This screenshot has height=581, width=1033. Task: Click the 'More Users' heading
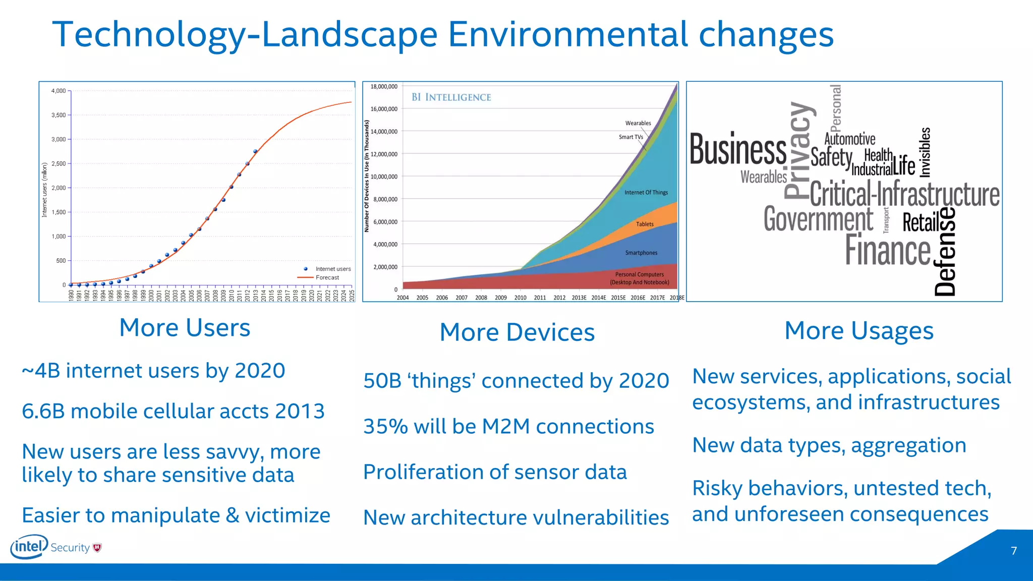coord(185,328)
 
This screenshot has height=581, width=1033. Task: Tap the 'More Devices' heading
coord(517,332)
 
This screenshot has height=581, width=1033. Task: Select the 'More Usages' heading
coord(859,331)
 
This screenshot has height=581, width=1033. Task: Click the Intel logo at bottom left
coord(29,547)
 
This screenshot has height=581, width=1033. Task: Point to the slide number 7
coord(1013,551)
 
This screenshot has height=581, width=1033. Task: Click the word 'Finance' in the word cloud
coord(888,250)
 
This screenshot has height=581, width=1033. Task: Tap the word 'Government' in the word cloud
coord(818,219)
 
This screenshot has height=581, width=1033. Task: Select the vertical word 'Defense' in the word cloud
coord(945,251)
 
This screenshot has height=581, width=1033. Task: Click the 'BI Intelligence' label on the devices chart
coord(451,97)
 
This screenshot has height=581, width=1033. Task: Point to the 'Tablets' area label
coord(645,224)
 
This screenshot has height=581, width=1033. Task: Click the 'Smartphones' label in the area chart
coord(641,253)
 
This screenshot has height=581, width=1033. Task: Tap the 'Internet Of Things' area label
coord(646,193)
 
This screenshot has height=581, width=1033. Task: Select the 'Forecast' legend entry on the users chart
coord(327,277)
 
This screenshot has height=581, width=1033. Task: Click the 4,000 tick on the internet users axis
coord(59,91)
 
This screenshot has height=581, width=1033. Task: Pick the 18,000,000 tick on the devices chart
coord(384,87)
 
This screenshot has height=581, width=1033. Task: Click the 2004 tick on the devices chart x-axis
coord(403,298)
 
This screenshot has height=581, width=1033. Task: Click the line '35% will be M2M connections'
coord(508,427)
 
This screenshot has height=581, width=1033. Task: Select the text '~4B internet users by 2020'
coord(153,371)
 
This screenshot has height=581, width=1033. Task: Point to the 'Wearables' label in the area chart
coord(638,123)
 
